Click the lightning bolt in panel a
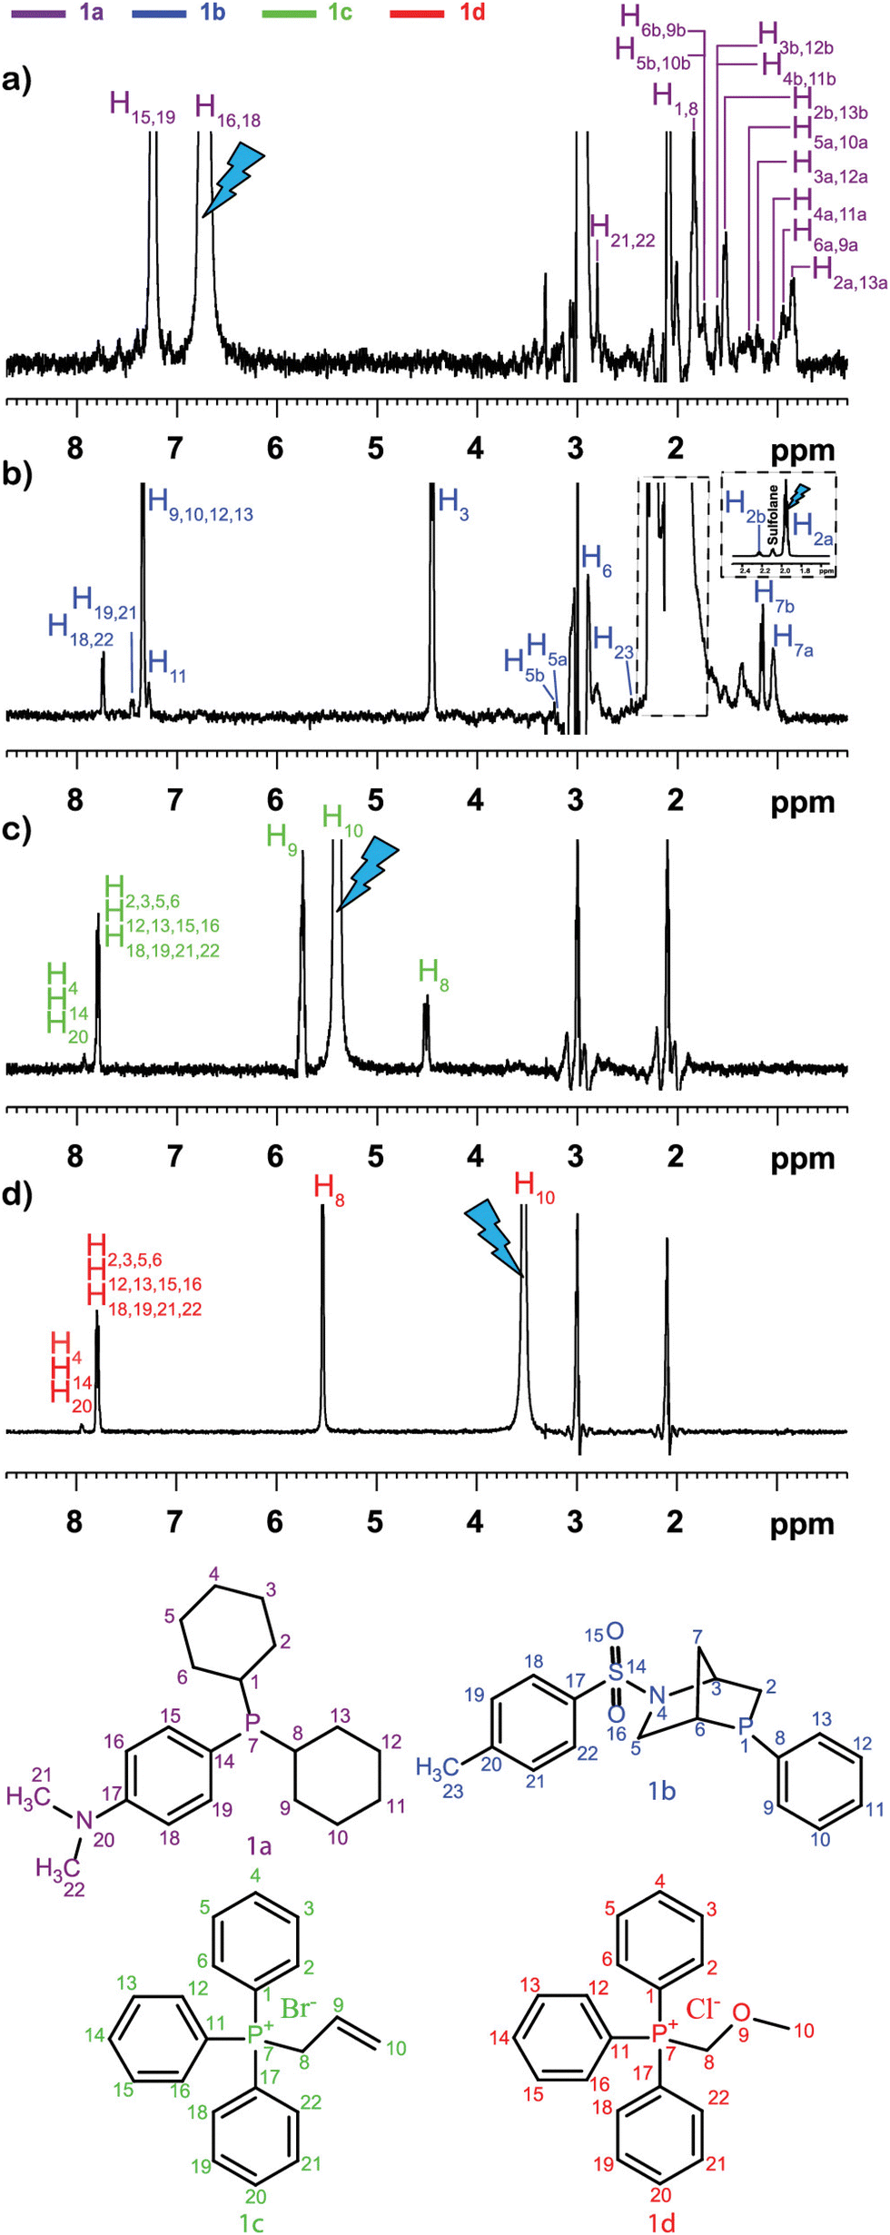[x=233, y=178]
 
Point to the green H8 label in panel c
[x=433, y=974]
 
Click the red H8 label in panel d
[x=329, y=1189]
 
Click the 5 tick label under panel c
[x=375, y=1156]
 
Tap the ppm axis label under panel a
[x=803, y=450]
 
